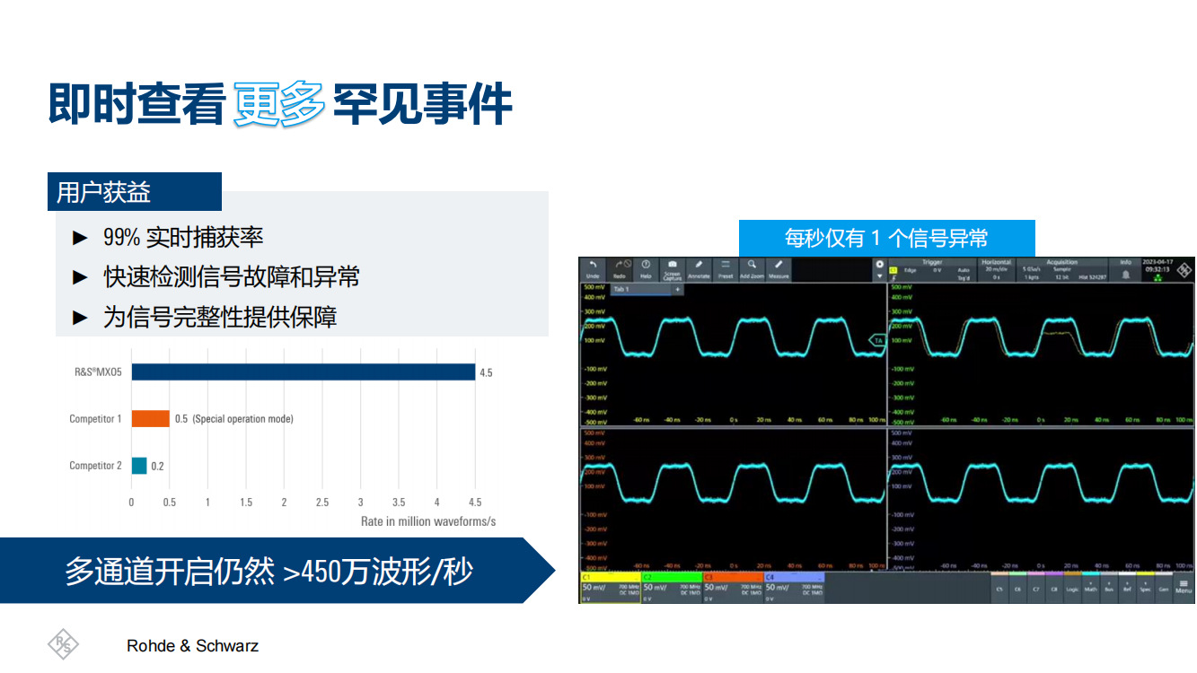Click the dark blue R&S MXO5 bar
click(303, 371)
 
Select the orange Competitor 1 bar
click(150, 419)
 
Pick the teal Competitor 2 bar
click(139, 466)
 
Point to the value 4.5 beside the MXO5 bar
click(486, 372)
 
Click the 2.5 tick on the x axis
click(322, 503)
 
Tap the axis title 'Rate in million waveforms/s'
click(428, 521)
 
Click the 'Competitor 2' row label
click(95, 466)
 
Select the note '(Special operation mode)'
click(242, 419)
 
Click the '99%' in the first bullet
click(121, 238)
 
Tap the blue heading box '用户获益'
click(134, 192)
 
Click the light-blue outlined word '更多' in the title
click(278, 105)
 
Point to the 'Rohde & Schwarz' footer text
click(192, 646)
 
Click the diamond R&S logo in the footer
click(63, 644)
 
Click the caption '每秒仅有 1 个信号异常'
click(886, 238)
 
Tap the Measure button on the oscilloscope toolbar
click(779, 269)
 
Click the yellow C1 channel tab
click(610, 588)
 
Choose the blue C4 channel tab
click(794, 588)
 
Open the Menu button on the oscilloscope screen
click(1184, 587)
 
